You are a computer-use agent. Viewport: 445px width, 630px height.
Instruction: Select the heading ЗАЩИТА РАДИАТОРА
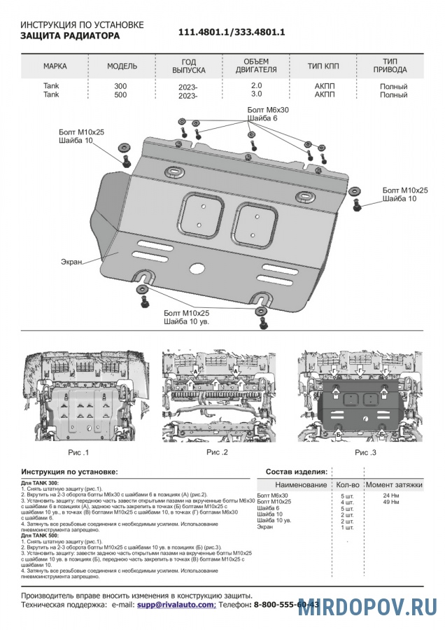tap(69, 36)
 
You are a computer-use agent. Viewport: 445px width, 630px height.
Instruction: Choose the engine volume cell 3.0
tap(257, 94)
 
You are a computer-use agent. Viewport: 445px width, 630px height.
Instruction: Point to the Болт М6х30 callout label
tap(269, 111)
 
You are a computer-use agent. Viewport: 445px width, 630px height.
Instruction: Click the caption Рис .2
tap(218, 453)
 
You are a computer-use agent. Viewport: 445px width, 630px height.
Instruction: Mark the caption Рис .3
tap(365, 453)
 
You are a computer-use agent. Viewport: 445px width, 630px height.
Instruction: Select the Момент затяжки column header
tap(394, 484)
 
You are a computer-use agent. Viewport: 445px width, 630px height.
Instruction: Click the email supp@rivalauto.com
tap(176, 603)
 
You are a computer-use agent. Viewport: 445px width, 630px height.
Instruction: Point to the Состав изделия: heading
tap(297, 472)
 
